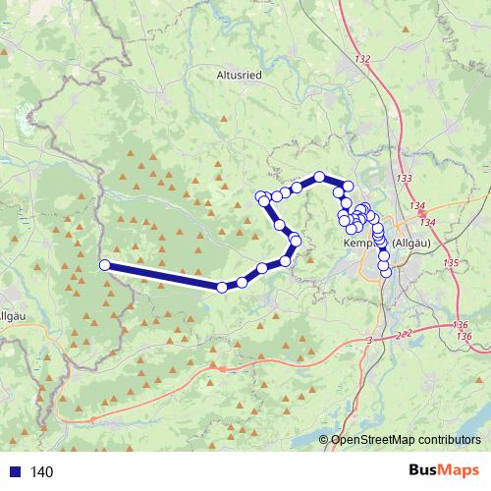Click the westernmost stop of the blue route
105,264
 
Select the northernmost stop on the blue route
319,177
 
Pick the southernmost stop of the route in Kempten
385,272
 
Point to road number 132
363,60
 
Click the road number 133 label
404,178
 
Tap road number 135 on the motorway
451,263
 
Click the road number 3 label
370,339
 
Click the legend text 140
41,472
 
